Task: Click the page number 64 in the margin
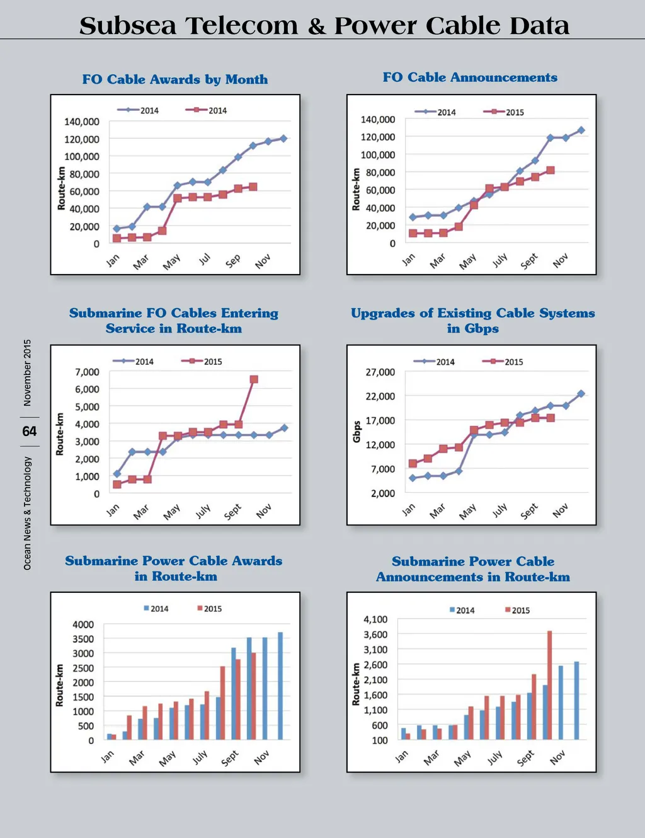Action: (30, 432)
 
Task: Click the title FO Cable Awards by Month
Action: (175, 79)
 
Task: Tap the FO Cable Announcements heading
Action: (470, 77)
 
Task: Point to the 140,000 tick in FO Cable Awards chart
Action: (82, 122)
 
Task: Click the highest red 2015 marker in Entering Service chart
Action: (254, 379)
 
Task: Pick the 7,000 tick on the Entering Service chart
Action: (87, 372)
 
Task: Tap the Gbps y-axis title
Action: (357, 432)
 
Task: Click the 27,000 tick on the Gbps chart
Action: (380, 372)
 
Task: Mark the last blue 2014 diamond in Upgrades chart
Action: (581, 394)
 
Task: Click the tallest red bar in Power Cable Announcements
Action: (549, 685)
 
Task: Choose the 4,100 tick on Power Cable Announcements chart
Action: (375, 619)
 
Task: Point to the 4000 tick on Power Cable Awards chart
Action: (83, 624)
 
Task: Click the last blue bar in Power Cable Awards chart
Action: (280, 686)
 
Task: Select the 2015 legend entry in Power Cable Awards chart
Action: (210, 609)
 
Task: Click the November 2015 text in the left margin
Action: (27, 373)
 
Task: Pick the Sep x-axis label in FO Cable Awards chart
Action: (233, 260)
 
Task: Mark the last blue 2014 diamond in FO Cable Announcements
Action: (581, 130)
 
